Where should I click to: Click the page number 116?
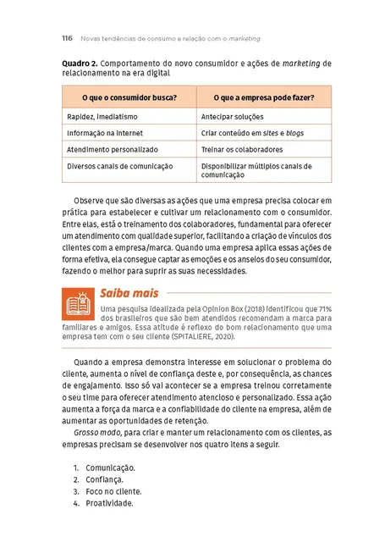coord(67,38)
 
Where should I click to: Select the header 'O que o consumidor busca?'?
coord(129,97)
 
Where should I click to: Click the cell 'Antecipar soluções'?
coord(233,117)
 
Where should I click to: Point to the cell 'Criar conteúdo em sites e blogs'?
coord(251,134)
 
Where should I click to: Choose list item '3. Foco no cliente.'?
coord(107,490)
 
